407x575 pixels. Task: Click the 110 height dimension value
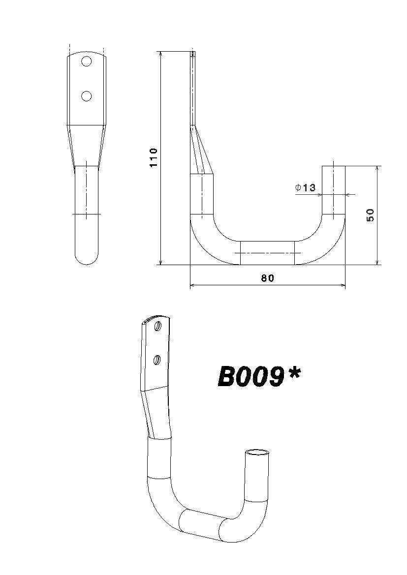click(154, 157)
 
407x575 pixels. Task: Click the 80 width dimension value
click(268, 278)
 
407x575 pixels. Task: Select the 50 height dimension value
click(370, 214)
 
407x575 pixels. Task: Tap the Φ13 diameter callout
click(305, 188)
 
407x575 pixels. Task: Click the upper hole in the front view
click(86, 61)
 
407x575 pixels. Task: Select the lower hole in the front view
click(86, 96)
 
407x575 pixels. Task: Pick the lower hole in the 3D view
click(157, 360)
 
